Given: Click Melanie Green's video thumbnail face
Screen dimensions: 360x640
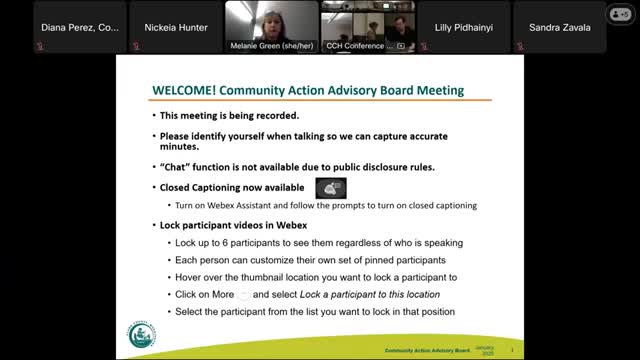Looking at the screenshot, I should click(x=271, y=19).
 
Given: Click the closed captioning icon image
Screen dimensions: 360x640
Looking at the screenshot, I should click(x=330, y=187).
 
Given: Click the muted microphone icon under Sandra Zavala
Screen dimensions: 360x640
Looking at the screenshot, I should click(x=521, y=47).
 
